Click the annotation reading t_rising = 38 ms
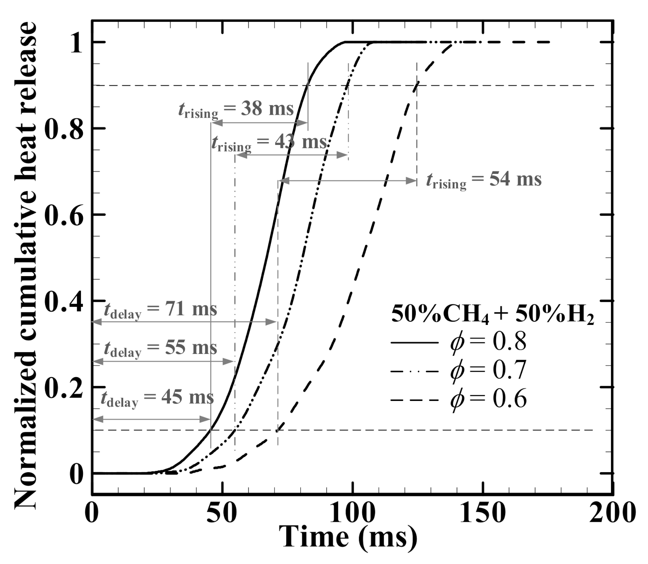click(236, 109)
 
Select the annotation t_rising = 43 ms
click(269, 143)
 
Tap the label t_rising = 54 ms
click(484, 180)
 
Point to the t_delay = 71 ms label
click(160, 310)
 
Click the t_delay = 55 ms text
click(160, 348)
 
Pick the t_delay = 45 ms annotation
click(157, 398)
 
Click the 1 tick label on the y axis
click(76, 42)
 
